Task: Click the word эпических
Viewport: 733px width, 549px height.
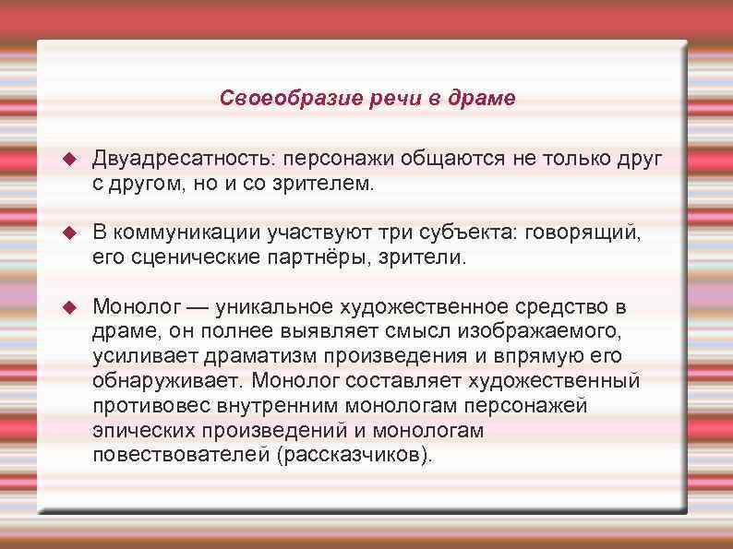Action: (x=138, y=430)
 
